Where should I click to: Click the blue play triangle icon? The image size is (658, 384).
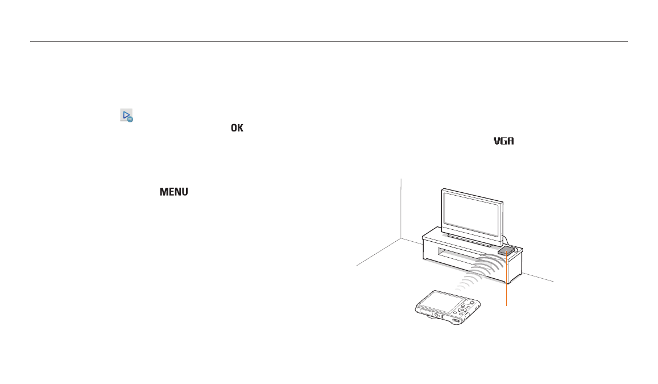126,115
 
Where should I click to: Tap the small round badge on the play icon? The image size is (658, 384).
130,119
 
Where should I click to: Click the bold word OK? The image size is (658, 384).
237,128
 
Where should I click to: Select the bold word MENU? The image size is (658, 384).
173,192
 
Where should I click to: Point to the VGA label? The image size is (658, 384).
503,141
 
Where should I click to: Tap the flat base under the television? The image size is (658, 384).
470,241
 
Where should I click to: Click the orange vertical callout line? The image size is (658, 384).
507,279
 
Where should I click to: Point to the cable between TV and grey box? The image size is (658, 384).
508,241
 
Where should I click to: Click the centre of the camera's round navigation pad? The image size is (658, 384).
462,310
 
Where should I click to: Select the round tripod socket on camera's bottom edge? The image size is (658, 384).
436,315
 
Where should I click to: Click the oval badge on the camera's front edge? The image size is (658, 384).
456,321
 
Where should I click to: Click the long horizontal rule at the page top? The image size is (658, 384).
329,41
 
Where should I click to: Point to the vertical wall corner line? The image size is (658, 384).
401,209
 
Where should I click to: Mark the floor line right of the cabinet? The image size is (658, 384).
538,278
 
